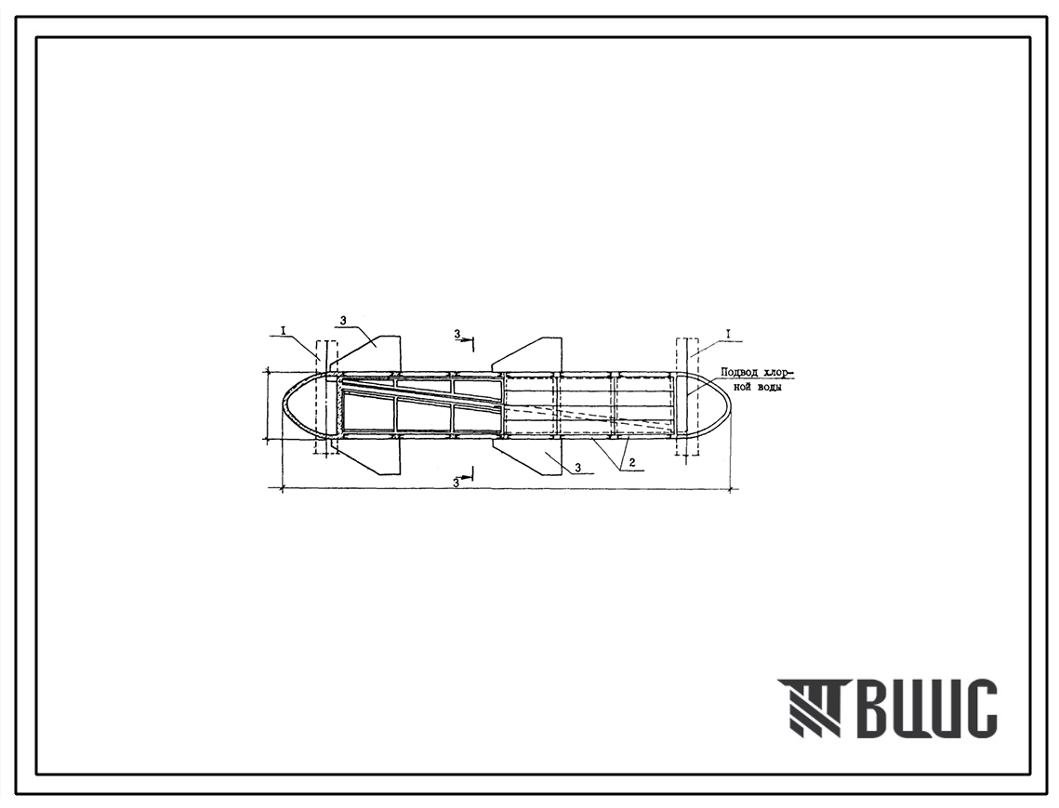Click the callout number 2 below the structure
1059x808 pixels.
pos(632,463)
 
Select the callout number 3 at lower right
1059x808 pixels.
pos(578,467)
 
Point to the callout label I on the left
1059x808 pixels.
pos(285,329)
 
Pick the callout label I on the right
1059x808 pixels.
pos(728,334)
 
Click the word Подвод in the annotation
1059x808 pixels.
pos(739,372)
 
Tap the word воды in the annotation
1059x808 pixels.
pos(770,388)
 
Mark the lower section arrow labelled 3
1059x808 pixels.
pos(465,475)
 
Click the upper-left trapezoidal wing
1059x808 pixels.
pos(373,353)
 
